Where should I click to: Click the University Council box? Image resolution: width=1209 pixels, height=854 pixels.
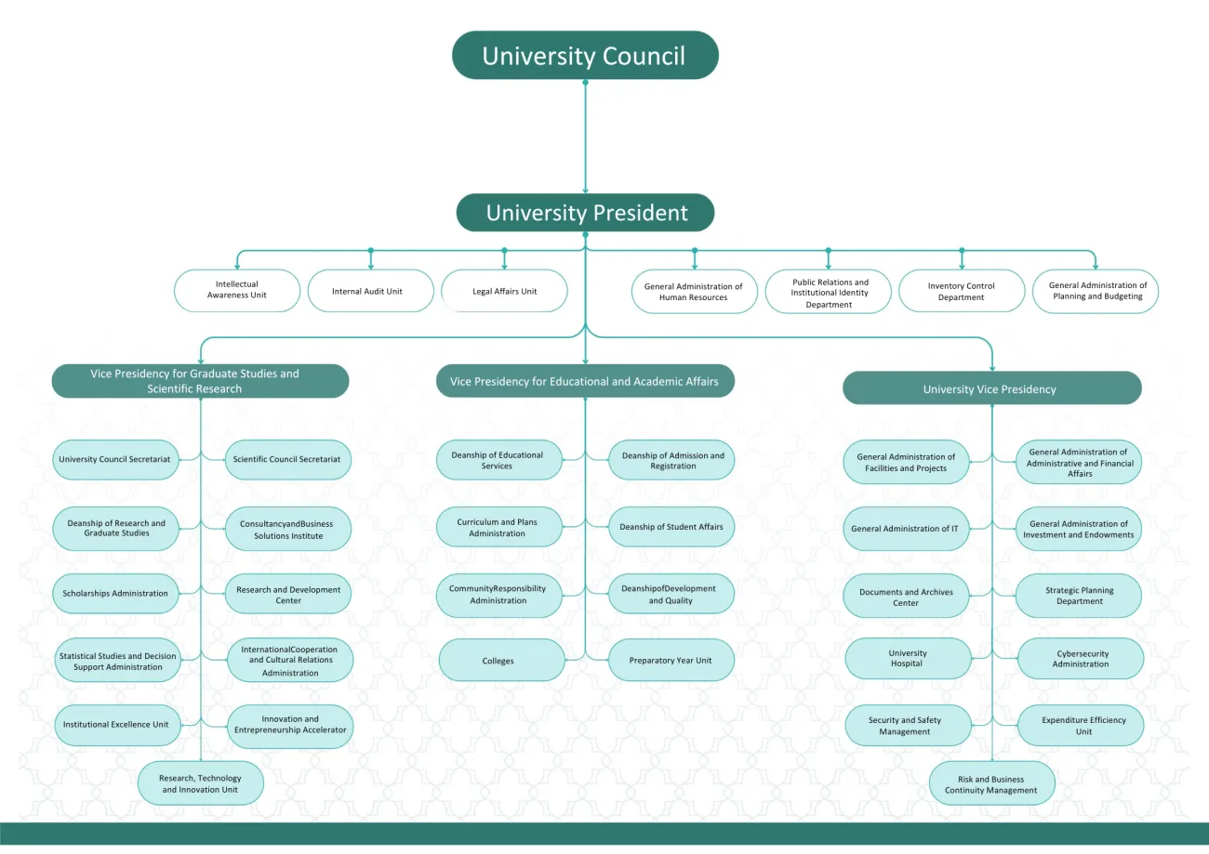pyautogui.click(x=585, y=56)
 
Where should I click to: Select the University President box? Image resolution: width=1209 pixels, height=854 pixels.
pyautogui.click(x=585, y=213)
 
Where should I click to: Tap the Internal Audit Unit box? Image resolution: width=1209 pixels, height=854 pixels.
pyautogui.click(x=370, y=291)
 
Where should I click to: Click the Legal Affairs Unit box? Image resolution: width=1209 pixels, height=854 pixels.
pyautogui.click(x=504, y=291)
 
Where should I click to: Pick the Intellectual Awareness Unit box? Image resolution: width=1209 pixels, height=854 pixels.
pyautogui.click(x=237, y=290)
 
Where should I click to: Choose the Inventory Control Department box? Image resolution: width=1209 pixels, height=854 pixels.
pyautogui.click(x=961, y=291)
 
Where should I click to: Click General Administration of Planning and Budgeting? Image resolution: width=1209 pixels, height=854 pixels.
pyautogui.click(x=1096, y=291)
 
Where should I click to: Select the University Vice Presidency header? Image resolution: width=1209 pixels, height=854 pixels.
pyautogui.click(x=991, y=388)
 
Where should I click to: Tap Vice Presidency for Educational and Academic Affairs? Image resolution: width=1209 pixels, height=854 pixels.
pyautogui.click(x=585, y=381)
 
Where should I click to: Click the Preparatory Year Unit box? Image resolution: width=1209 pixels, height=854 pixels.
pyautogui.click(x=671, y=661)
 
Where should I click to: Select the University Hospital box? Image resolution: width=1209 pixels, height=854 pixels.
pyautogui.click(x=907, y=659)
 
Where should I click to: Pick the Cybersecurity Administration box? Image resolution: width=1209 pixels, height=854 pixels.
pyautogui.click(x=1081, y=659)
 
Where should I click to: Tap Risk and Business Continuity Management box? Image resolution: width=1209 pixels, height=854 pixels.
pyautogui.click(x=991, y=784)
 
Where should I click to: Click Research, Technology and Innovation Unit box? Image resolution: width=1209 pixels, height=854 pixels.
pyautogui.click(x=200, y=783)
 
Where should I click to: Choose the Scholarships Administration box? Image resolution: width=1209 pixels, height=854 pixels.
pyautogui.click(x=115, y=593)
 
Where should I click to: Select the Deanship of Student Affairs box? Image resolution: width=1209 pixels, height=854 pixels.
pyautogui.click(x=671, y=527)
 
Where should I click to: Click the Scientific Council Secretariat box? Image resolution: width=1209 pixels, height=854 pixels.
pyautogui.click(x=287, y=459)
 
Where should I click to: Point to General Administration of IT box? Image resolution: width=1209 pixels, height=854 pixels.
pyautogui.click(x=905, y=529)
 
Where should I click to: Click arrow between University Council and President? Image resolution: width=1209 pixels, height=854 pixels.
pyautogui.click(x=585, y=139)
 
